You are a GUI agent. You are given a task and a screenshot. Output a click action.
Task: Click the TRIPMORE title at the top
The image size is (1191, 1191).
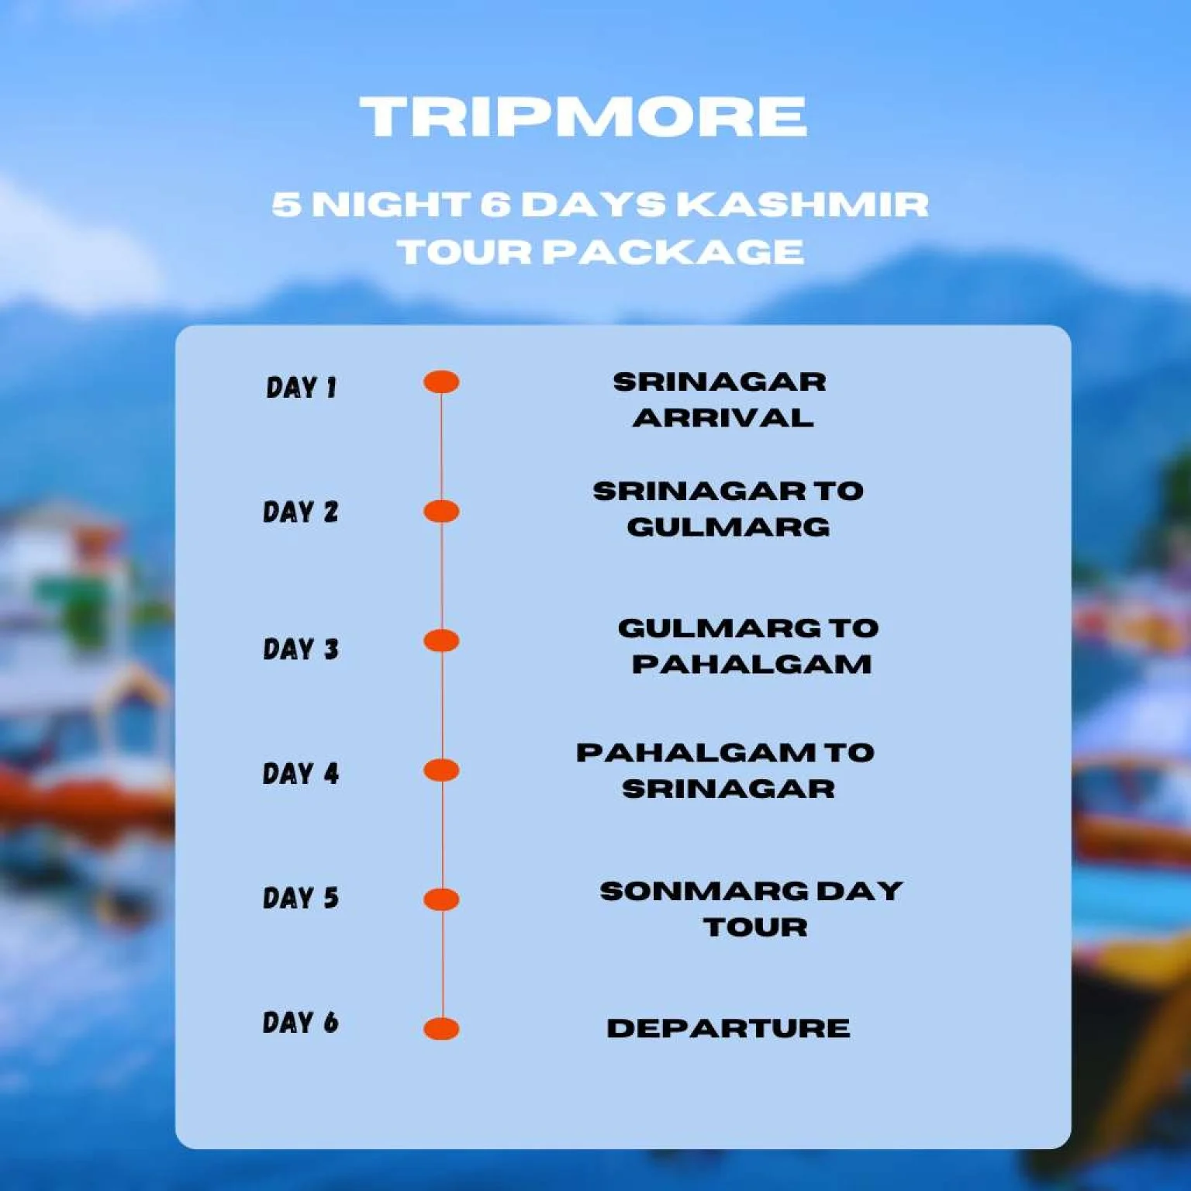point(584,116)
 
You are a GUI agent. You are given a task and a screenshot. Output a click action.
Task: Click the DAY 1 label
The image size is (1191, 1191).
point(301,387)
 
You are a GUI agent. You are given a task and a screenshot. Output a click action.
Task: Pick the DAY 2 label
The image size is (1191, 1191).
point(301,512)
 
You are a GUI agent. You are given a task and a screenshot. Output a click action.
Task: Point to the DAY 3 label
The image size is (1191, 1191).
point(301,648)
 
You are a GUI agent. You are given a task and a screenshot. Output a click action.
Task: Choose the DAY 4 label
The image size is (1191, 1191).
point(301,773)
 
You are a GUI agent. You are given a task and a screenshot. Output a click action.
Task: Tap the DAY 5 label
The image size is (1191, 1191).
point(301,898)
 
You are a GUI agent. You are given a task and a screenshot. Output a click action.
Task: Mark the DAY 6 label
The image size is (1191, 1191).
point(301,1022)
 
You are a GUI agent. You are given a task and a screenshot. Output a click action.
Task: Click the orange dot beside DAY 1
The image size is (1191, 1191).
point(441,382)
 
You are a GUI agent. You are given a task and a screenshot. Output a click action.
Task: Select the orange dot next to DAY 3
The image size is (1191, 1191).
point(441,641)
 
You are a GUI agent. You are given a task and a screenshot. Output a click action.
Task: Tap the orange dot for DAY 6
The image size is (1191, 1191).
point(441,1029)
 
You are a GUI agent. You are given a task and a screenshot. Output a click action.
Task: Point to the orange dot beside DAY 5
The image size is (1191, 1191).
point(441,899)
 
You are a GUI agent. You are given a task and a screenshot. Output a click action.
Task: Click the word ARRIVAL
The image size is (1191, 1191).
point(723,418)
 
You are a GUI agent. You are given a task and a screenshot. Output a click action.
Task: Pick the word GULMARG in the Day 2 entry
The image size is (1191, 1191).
point(728,527)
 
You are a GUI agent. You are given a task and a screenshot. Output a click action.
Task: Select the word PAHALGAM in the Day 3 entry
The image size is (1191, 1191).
point(751,665)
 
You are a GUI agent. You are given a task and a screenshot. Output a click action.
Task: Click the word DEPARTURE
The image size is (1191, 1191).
point(728,1028)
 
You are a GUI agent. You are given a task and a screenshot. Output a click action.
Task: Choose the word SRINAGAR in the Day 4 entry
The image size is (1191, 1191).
point(728,789)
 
